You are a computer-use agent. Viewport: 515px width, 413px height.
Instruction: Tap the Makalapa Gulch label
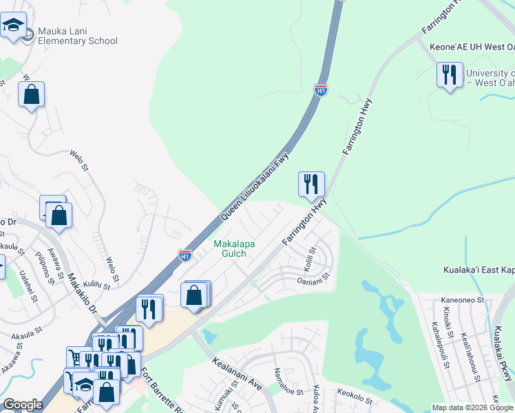231,248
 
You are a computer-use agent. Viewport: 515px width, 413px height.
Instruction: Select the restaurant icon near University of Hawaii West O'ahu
449,74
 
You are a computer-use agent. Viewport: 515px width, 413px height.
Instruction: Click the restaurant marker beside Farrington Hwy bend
311,184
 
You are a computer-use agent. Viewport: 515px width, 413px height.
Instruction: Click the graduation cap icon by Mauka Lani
12,26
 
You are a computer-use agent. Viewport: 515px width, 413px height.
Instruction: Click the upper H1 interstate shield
320,89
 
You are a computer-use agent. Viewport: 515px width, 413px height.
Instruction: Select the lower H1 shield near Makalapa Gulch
185,255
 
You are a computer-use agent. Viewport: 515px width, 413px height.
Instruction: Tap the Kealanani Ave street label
238,372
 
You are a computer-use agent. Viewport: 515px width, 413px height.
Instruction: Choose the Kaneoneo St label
463,299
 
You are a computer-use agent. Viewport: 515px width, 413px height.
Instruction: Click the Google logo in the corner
22,405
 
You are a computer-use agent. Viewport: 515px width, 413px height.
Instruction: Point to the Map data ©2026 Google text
472,407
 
